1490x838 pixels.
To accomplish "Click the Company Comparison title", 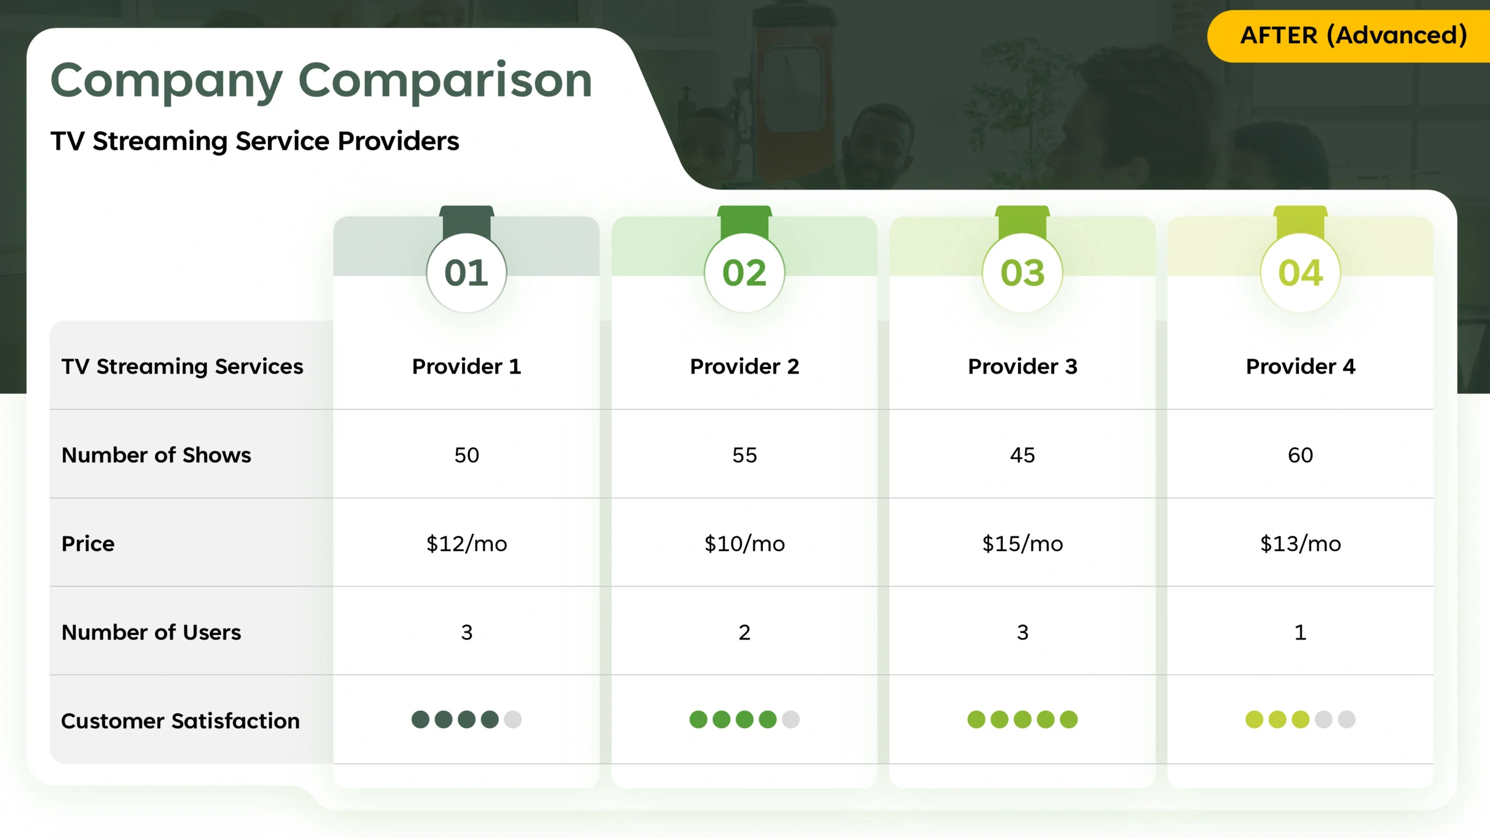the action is tap(321, 81).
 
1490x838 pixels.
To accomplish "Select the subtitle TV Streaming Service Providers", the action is tap(255, 141).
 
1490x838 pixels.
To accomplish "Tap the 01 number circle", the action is tap(466, 272).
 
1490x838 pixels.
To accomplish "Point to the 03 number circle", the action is tap(1023, 272).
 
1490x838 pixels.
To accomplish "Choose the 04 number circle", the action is tap(1300, 272).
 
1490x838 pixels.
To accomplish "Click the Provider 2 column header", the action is tap(744, 367).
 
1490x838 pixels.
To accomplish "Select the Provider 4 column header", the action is tap(1300, 367).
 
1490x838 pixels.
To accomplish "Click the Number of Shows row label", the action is tap(157, 455).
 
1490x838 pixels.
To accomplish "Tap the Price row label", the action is tap(88, 544).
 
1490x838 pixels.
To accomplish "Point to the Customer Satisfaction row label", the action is tap(180, 721).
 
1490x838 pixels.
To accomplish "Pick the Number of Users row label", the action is tap(151, 632).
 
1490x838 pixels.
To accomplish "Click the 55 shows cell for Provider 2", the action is tap(744, 455).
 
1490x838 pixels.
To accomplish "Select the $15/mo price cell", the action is tap(1023, 544).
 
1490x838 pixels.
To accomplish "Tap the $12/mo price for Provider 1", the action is tap(466, 544).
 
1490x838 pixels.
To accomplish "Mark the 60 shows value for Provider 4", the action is tap(1300, 455).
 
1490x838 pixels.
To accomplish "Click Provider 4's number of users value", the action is tap(1300, 632).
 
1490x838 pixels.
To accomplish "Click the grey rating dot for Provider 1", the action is tap(513, 720).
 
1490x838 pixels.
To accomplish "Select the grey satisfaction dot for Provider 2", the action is tap(790, 720).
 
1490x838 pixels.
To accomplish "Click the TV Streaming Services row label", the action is tap(182, 367).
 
